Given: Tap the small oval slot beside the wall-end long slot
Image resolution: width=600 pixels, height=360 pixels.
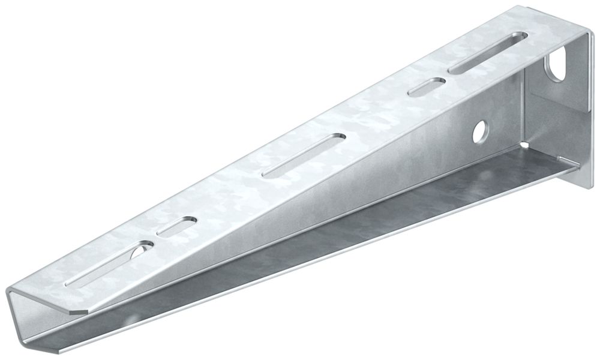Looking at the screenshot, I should coord(427,87).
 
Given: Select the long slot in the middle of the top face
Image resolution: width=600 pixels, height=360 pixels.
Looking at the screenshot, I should coord(304,155).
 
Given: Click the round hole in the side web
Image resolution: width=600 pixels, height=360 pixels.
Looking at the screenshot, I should coord(479,132).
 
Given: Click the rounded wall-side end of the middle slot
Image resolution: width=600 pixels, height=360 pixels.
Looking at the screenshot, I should coord(340,137).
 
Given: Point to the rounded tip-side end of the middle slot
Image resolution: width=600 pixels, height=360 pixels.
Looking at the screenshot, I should coord(266,175).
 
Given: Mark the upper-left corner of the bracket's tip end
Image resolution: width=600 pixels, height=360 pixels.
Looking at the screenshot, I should coord(8,293).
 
